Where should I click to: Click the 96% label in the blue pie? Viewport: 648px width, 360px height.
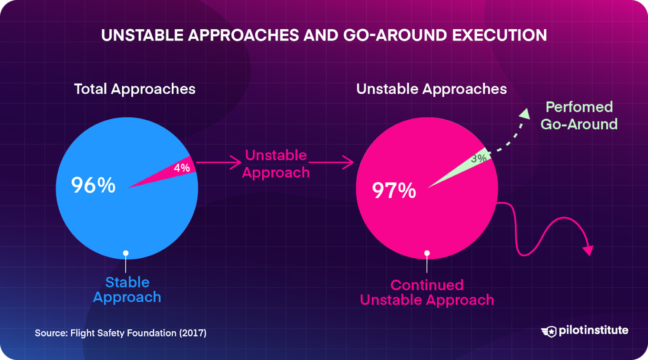93,185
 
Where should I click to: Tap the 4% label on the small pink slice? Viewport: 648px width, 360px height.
182,168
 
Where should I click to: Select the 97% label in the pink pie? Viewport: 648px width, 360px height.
394,190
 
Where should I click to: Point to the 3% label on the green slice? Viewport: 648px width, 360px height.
478,159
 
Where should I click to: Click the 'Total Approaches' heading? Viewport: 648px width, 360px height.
135,89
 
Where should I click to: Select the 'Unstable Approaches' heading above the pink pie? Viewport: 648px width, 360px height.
431,89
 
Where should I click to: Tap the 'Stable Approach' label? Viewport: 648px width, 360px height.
127,290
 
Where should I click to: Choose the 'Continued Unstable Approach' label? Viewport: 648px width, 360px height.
427,292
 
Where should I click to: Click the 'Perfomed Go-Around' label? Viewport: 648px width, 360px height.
579,116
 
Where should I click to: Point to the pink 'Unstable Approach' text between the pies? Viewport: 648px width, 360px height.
276,164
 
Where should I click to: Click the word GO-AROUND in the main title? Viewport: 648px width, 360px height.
395,35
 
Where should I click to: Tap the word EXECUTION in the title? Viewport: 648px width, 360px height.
499,35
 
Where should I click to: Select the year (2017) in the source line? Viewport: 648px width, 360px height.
193,333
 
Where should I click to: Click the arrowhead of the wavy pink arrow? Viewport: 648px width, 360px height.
588,250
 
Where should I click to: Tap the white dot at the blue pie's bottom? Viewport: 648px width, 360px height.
126,253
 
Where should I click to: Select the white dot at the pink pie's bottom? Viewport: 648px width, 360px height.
427,253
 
